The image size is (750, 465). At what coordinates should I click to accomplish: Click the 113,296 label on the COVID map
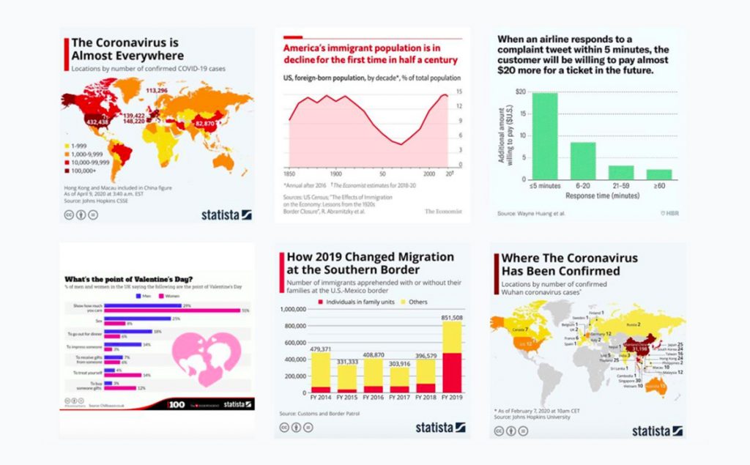tap(157, 91)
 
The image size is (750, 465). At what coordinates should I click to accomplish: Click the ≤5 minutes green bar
tap(544, 135)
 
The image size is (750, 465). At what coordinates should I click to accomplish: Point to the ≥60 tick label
tap(659, 187)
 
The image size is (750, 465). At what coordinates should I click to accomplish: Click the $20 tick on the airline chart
tap(521, 92)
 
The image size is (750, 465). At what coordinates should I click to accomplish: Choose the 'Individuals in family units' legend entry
tap(356, 302)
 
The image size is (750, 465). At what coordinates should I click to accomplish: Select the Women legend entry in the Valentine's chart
tap(170, 297)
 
